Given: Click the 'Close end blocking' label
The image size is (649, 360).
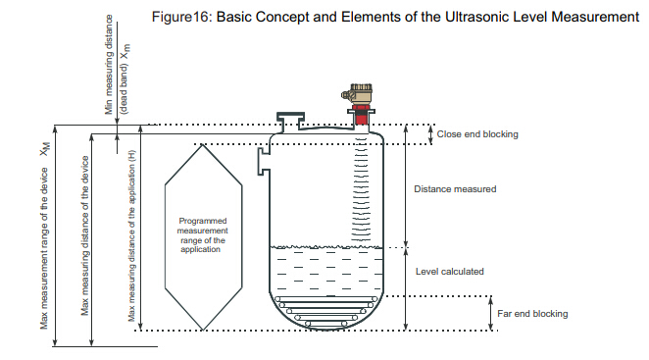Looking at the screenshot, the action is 477,134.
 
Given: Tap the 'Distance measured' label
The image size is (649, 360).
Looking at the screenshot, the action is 455,189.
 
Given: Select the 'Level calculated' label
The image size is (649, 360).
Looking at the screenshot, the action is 450,272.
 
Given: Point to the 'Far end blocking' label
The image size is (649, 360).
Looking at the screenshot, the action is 532,314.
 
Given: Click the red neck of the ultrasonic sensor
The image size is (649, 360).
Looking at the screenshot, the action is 362,115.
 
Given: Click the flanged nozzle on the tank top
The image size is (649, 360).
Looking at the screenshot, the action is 290,121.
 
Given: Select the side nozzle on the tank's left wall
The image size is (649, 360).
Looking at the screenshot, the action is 264,161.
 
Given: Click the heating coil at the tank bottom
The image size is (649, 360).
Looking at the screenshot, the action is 326,311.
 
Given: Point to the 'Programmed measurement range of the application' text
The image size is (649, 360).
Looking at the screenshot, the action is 202,234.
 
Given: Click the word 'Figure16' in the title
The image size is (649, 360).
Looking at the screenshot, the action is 181,18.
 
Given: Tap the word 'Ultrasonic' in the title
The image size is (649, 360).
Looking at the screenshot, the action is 476,17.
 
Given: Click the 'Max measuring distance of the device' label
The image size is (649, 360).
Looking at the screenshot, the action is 85,235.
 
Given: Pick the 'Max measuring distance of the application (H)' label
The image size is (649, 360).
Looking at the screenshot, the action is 131,235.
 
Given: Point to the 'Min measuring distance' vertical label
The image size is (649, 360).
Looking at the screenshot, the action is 109,65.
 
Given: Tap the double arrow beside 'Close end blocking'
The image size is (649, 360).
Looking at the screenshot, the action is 430,134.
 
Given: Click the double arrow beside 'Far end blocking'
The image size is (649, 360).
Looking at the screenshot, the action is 491,313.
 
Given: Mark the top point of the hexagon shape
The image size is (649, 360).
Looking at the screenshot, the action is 202,144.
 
